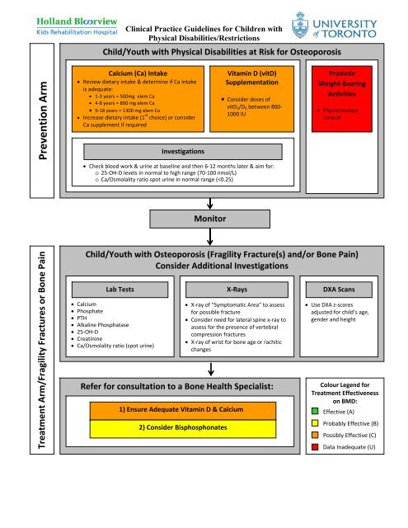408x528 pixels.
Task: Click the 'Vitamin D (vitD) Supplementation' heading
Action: pyautogui.click(x=247, y=78)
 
